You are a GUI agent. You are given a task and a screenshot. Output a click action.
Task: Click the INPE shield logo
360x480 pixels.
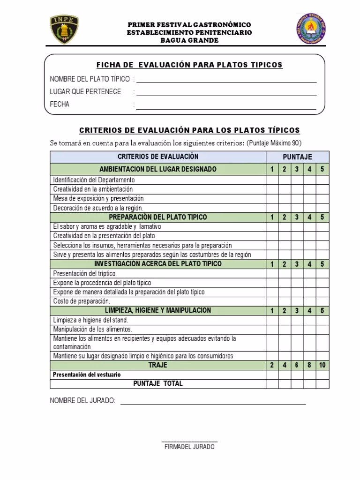64,30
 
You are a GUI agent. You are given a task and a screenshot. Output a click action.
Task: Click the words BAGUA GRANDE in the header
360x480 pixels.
189,40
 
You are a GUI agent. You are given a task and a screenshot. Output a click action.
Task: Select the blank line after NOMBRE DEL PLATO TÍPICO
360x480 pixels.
226,81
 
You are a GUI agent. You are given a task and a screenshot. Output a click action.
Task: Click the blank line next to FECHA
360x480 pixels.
226,107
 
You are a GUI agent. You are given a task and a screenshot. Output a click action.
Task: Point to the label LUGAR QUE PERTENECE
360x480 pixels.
85,91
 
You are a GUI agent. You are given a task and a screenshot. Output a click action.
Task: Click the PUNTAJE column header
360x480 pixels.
297,157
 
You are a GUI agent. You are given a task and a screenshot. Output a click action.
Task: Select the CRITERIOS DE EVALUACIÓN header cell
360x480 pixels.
158,157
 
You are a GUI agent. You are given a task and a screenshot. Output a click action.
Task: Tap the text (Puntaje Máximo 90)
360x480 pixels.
274,143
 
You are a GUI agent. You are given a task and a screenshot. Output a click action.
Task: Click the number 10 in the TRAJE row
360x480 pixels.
322,365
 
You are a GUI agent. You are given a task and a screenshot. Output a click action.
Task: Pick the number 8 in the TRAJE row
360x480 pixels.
309,365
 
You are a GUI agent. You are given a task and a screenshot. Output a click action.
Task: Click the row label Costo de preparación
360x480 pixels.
82,301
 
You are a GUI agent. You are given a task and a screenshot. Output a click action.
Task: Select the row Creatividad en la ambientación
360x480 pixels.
93,189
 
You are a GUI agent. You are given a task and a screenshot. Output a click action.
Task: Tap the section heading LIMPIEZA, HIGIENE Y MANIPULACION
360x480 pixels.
158,310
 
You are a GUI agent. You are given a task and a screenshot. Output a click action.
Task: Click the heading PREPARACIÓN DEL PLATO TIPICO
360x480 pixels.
158,217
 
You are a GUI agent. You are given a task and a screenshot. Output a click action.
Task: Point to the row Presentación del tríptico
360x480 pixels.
85,273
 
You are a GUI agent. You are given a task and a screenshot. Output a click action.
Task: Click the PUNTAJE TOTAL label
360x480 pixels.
158,383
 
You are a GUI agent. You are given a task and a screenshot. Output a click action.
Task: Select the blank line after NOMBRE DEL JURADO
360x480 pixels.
213,402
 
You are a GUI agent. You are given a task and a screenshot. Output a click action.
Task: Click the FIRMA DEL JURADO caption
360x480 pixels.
189,447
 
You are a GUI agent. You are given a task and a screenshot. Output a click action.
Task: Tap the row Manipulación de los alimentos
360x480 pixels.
93,329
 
